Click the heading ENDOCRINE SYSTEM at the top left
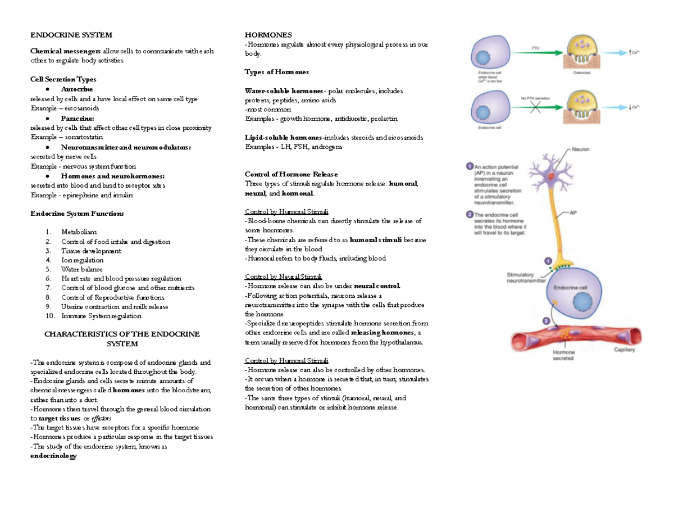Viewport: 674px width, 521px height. (x=71, y=35)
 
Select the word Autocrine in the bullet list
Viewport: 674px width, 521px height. (x=78, y=89)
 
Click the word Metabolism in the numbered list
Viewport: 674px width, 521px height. (x=79, y=232)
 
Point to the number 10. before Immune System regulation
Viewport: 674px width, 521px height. (x=50, y=316)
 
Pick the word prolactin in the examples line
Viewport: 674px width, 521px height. (x=383, y=119)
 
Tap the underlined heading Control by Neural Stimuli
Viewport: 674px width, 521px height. (x=284, y=277)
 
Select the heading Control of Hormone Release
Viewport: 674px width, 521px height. (x=292, y=174)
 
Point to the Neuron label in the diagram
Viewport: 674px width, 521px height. (x=581, y=149)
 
